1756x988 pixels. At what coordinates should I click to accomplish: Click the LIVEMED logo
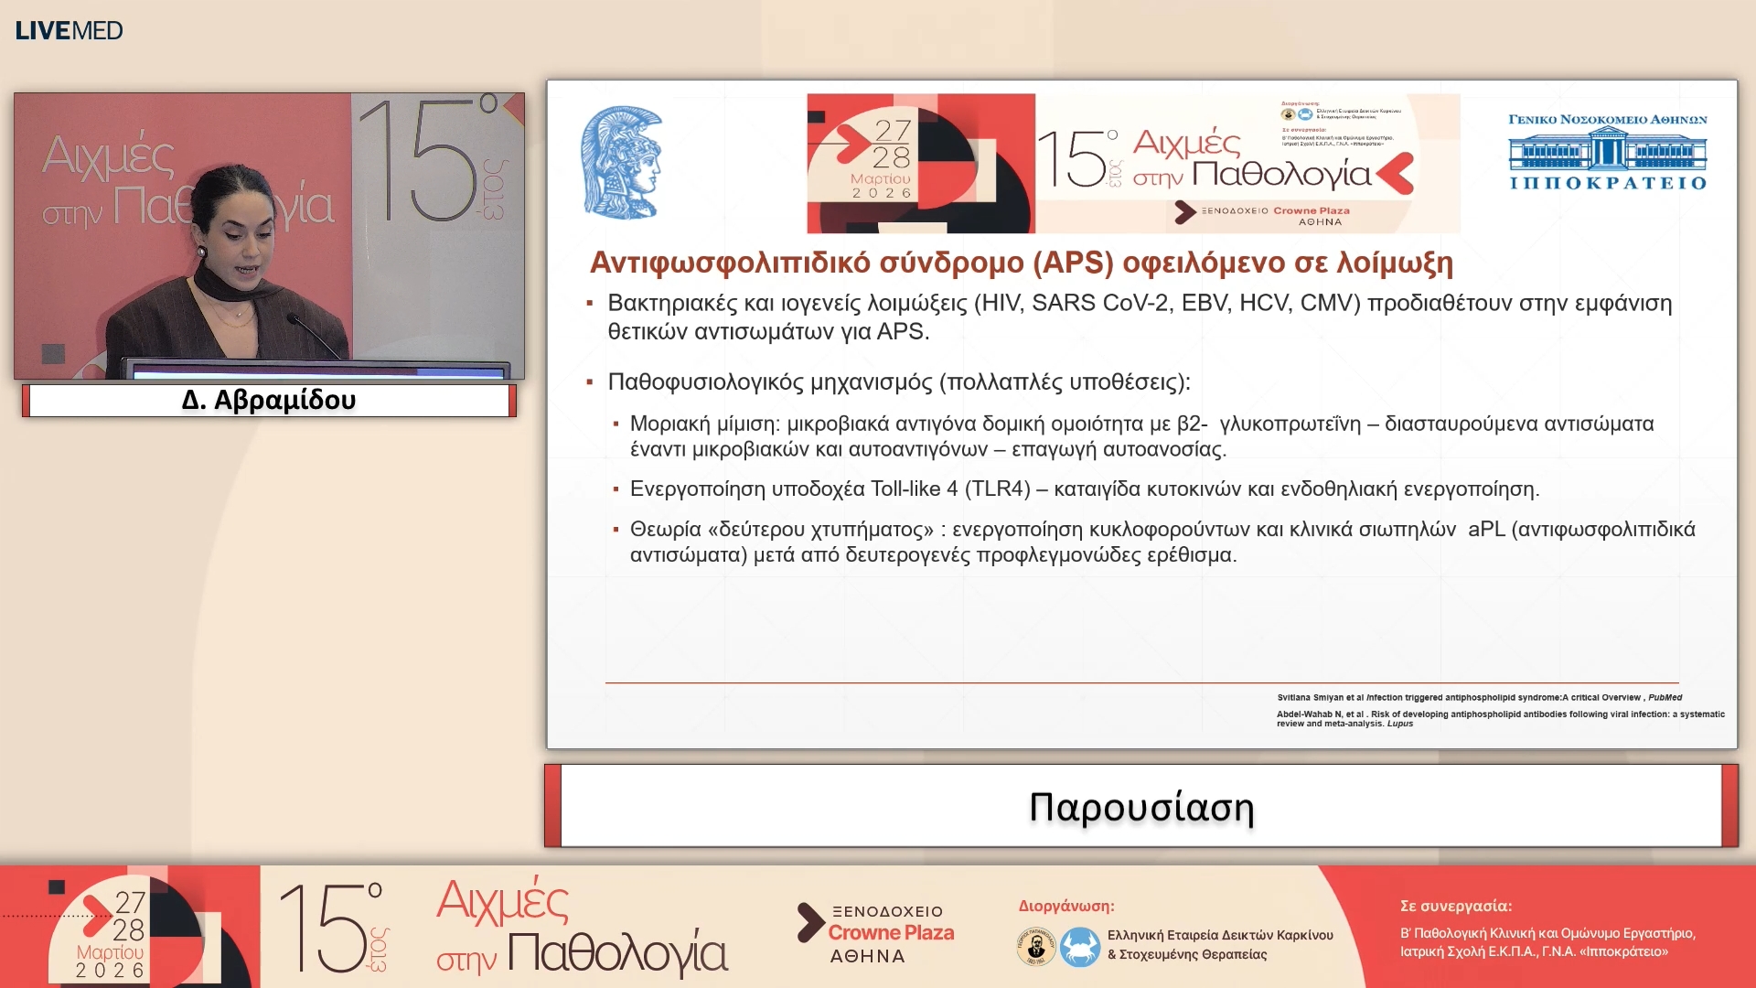coord(69,30)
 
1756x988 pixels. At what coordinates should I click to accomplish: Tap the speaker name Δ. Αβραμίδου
coord(268,400)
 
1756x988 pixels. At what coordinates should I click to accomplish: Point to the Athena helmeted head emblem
coord(622,163)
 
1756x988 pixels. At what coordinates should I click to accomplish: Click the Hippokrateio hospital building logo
coord(1607,151)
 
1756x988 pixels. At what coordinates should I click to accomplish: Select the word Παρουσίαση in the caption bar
coord(1140,807)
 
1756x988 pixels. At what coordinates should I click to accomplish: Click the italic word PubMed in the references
coord(1665,697)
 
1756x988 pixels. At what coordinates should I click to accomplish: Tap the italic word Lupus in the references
coord(1399,724)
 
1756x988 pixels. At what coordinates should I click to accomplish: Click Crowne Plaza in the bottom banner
coord(891,932)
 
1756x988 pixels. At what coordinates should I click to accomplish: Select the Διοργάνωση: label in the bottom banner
coord(1065,906)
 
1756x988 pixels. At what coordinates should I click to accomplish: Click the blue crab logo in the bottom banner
coord(1079,946)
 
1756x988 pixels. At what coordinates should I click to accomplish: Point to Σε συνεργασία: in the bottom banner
coord(1455,906)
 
